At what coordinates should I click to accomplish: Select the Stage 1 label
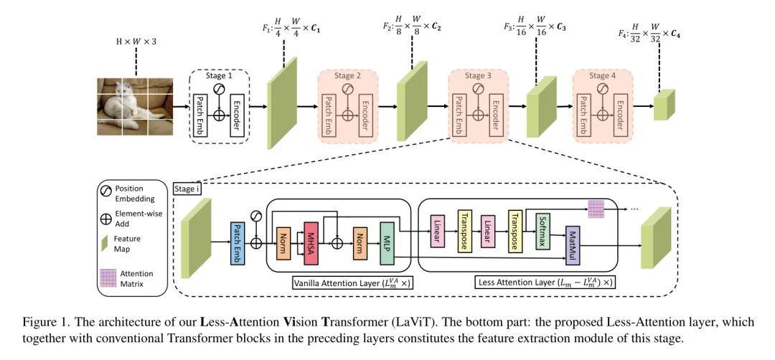218,75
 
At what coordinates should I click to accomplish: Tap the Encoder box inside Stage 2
367,114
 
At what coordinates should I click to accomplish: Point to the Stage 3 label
479,75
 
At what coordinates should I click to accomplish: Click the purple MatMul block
572,247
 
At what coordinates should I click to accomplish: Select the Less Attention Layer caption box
545,283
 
